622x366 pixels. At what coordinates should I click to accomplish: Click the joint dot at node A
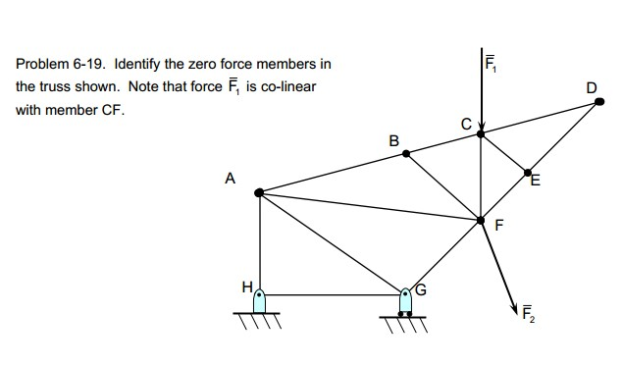click(x=259, y=193)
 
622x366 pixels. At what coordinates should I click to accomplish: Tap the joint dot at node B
click(x=406, y=153)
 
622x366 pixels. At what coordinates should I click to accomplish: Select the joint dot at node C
click(x=481, y=133)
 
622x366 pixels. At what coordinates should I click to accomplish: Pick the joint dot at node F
click(x=481, y=221)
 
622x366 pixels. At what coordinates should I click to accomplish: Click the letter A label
click(x=231, y=179)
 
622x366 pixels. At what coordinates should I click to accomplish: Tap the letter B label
click(x=394, y=140)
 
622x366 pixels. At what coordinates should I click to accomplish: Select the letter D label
click(x=592, y=88)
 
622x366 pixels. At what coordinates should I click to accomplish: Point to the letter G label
click(x=423, y=289)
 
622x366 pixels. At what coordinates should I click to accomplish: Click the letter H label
click(x=247, y=287)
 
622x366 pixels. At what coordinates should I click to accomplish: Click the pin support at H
click(x=260, y=302)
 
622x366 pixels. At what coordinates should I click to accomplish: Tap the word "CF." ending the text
click(x=114, y=109)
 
